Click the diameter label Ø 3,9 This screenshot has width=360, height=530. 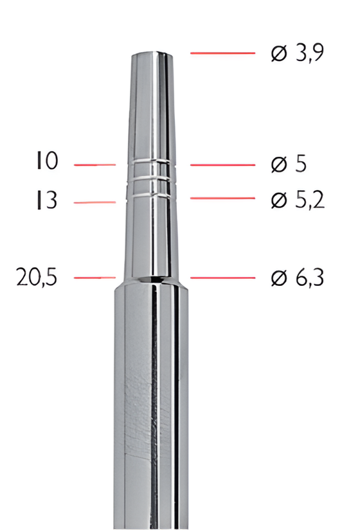pyautogui.click(x=297, y=53)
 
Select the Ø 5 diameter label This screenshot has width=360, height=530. pyautogui.click(x=288, y=164)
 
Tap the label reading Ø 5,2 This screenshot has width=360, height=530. pyautogui.click(x=297, y=200)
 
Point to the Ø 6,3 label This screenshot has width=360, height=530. pyautogui.click(x=297, y=278)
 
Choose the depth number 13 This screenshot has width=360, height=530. pyautogui.click(x=46, y=201)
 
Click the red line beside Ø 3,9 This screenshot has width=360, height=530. pyautogui.click(x=222, y=53)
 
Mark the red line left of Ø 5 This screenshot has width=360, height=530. pyautogui.click(x=222, y=164)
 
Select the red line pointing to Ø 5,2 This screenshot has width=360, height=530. pyautogui.click(x=222, y=198)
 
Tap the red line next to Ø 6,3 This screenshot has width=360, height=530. pyautogui.click(x=222, y=278)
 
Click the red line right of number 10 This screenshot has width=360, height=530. pyautogui.click(x=94, y=165)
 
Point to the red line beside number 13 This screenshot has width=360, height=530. pyautogui.click(x=94, y=202)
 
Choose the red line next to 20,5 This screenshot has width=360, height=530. pyautogui.click(x=94, y=278)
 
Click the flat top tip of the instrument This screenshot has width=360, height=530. pyautogui.click(x=152, y=54)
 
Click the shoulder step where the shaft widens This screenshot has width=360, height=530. pyautogui.click(x=152, y=283)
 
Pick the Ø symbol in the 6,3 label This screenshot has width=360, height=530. pyautogui.click(x=278, y=278)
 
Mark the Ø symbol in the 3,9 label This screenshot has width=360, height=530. pyautogui.click(x=278, y=53)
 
